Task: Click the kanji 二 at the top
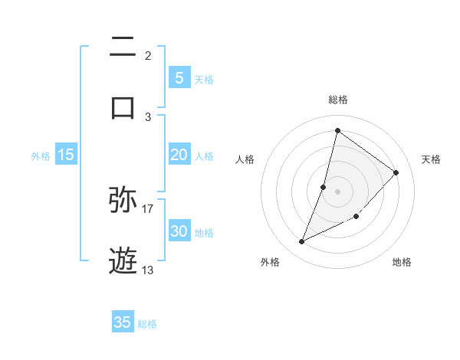tap(123, 48)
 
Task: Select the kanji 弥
tap(123, 200)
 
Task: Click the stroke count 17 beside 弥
tap(148, 208)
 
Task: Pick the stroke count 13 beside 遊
tap(148, 269)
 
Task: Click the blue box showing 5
tap(179, 77)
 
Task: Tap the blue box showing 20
tap(179, 155)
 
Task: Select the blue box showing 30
tap(179, 231)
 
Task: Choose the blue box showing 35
tap(123, 322)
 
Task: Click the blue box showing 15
tap(66, 155)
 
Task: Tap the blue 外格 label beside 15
tap(41, 155)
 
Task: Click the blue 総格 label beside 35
tap(147, 324)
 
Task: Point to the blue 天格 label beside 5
tap(204, 79)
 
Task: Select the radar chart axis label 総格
tap(337, 100)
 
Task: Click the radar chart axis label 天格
tap(431, 159)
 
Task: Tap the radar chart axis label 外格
tap(270, 262)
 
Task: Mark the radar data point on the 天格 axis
tap(396, 172)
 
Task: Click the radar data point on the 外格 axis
tap(302, 242)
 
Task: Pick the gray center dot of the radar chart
tap(337, 191)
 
